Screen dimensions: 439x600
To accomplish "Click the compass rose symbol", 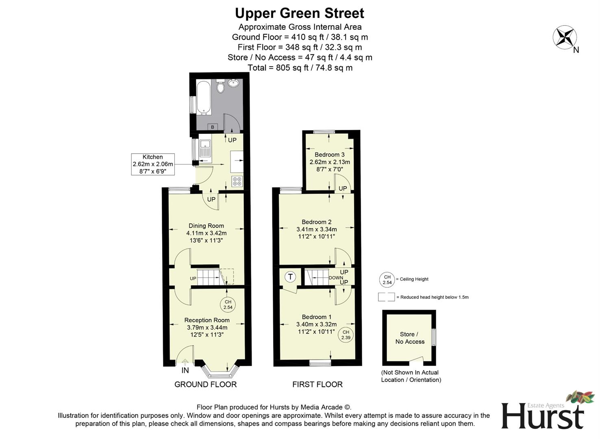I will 564,37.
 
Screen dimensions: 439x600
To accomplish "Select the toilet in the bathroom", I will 220,86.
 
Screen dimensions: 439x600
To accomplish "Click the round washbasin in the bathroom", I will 234,83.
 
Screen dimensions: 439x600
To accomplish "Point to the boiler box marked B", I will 212,127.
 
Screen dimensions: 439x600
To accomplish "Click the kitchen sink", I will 205,148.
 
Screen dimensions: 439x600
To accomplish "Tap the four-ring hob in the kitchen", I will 237,181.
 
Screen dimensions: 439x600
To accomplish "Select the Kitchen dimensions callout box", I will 153,164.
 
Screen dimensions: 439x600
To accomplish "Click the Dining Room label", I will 206,226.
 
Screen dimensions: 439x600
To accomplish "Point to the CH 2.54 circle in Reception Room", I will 228,304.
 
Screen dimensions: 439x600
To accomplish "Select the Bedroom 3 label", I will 329,154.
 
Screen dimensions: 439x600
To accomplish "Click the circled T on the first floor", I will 290,277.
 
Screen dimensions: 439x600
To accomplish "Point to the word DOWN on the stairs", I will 336,278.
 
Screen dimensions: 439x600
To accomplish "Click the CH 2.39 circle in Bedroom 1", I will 346,335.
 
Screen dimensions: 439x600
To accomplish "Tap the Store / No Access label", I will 410,338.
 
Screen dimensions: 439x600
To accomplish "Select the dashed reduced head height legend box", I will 386,297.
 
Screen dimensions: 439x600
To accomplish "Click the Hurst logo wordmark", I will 543,415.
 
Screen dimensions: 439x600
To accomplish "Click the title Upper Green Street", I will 300,13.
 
